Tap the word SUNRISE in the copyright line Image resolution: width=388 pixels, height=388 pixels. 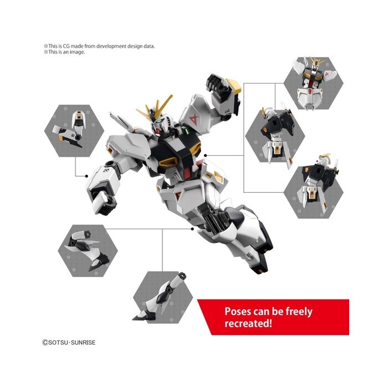click(83, 343)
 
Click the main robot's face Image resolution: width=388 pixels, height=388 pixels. click(159, 125)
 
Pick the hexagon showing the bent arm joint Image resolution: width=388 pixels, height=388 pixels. click(74, 131)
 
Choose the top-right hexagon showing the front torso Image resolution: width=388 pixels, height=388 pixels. click(314, 83)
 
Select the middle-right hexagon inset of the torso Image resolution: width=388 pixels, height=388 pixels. click(275, 136)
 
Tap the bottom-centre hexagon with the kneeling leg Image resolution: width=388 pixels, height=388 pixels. click(163, 297)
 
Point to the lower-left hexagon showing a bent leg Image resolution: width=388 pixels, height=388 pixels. click(88, 251)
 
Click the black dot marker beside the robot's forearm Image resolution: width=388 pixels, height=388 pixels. click(86, 176)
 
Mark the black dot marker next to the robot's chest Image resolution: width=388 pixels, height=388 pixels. click(206, 155)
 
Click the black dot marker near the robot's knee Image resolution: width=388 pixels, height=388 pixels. click(192, 229)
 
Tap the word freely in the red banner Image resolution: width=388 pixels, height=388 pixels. click(299, 312)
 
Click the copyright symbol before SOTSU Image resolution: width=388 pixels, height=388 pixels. click(45, 343)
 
